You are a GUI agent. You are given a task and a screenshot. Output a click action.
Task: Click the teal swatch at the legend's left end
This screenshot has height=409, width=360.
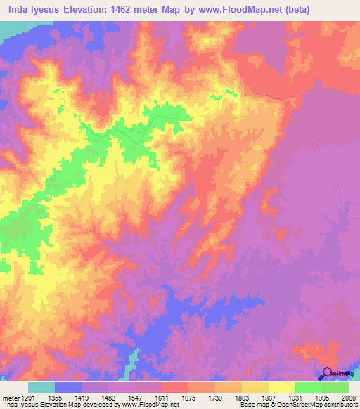pyautogui.click(x=41, y=387)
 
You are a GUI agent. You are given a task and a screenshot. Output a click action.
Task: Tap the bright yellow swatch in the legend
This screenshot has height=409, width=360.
pyautogui.click(x=281, y=387)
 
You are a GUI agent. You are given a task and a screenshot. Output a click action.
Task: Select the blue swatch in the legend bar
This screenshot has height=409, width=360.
pyautogui.click(x=68, y=387)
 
